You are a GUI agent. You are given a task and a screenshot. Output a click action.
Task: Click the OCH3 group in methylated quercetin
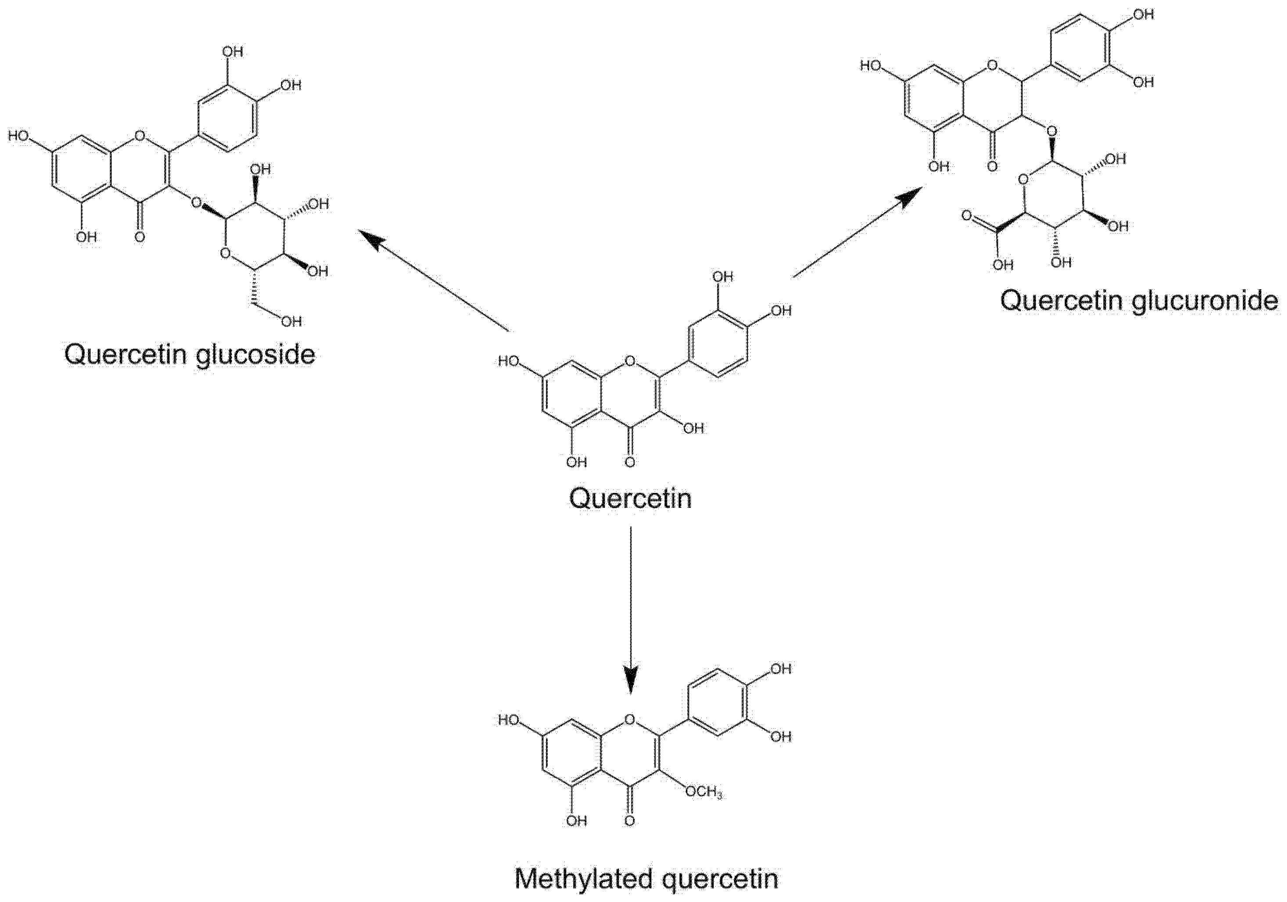click(x=703, y=791)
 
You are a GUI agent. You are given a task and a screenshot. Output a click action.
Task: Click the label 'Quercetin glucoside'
click(x=190, y=354)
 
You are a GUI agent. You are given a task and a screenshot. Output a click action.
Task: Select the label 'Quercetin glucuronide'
click(x=1139, y=301)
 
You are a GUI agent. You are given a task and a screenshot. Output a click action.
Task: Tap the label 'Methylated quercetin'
click(x=646, y=879)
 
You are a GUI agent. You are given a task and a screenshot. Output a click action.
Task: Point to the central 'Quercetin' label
click(x=630, y=498)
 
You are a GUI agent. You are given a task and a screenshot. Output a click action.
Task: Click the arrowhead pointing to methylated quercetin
click(x=631, y=679)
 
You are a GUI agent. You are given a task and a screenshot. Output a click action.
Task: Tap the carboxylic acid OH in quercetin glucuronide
click(x=1003, y=265)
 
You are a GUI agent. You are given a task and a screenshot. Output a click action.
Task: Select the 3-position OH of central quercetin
click(x=693, y=428)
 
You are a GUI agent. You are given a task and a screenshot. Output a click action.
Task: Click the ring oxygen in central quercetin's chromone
click(x=630, y=360)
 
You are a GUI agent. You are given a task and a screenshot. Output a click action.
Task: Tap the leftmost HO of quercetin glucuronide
click(x=871, y=65)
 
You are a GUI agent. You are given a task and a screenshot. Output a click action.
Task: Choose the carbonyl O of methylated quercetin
click(x=630, y=821)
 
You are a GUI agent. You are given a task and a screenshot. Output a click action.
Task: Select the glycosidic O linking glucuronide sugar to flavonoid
click(x=1051, y=132)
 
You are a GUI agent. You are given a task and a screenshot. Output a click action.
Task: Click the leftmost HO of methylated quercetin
click(x=509, y=720)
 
